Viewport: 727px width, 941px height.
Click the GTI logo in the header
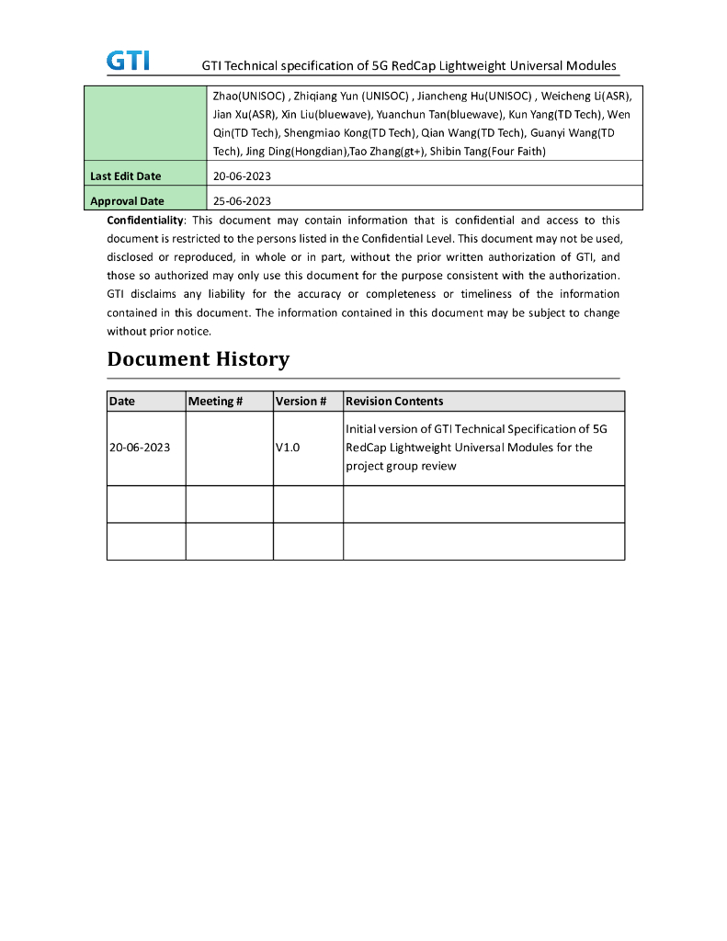click(x=128, y=61)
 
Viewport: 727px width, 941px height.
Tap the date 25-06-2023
click(x=242, y=200)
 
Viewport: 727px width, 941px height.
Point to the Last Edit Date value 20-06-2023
click(x=242, y=176)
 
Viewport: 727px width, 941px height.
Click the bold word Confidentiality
click(x=145, y=221)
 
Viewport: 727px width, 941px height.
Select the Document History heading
click(x=199, y=359)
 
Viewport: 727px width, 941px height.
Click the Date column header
click(x=121, y=401)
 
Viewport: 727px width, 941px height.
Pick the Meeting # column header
click(x=215, y=401)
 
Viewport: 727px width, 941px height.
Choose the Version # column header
click(x=301, y=401)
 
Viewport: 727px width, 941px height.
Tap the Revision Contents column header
click(x=394, y=401)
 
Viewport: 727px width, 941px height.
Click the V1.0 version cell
click(x=288, y=448)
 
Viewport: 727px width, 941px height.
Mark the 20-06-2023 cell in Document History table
click(x=140, y=448)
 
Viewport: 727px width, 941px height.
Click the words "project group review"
click(x=401, y=466)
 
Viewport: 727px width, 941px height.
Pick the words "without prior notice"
click(x=159, y=332)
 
